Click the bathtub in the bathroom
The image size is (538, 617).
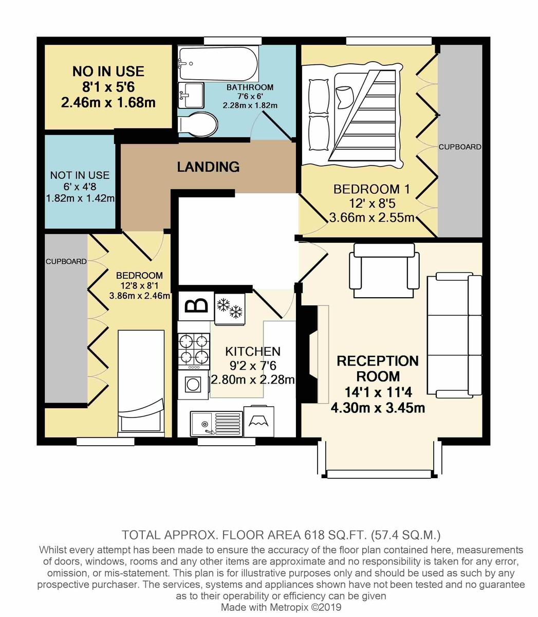pos(218,63)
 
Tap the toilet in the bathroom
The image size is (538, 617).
pos(198,124)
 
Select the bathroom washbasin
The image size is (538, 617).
pos(191,95)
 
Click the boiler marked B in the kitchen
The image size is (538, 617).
pos(196,305)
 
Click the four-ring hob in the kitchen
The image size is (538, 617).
pos(194,351)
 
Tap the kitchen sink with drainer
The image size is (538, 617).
pos(216,423)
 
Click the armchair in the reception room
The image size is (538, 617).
pos(384,270)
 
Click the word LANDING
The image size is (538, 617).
pos(208,167)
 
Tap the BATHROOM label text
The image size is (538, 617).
pos(250,87)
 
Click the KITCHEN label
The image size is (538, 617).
pos(253,351)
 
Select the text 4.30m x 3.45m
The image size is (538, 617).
pos(378,408)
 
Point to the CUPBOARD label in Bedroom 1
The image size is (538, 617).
pos(459,147)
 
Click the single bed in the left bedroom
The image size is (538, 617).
pos(141,383)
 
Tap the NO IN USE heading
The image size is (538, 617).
pos(108,71)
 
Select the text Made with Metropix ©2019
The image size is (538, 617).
pos(281,607)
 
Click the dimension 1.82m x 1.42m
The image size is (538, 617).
pos(80,198)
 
